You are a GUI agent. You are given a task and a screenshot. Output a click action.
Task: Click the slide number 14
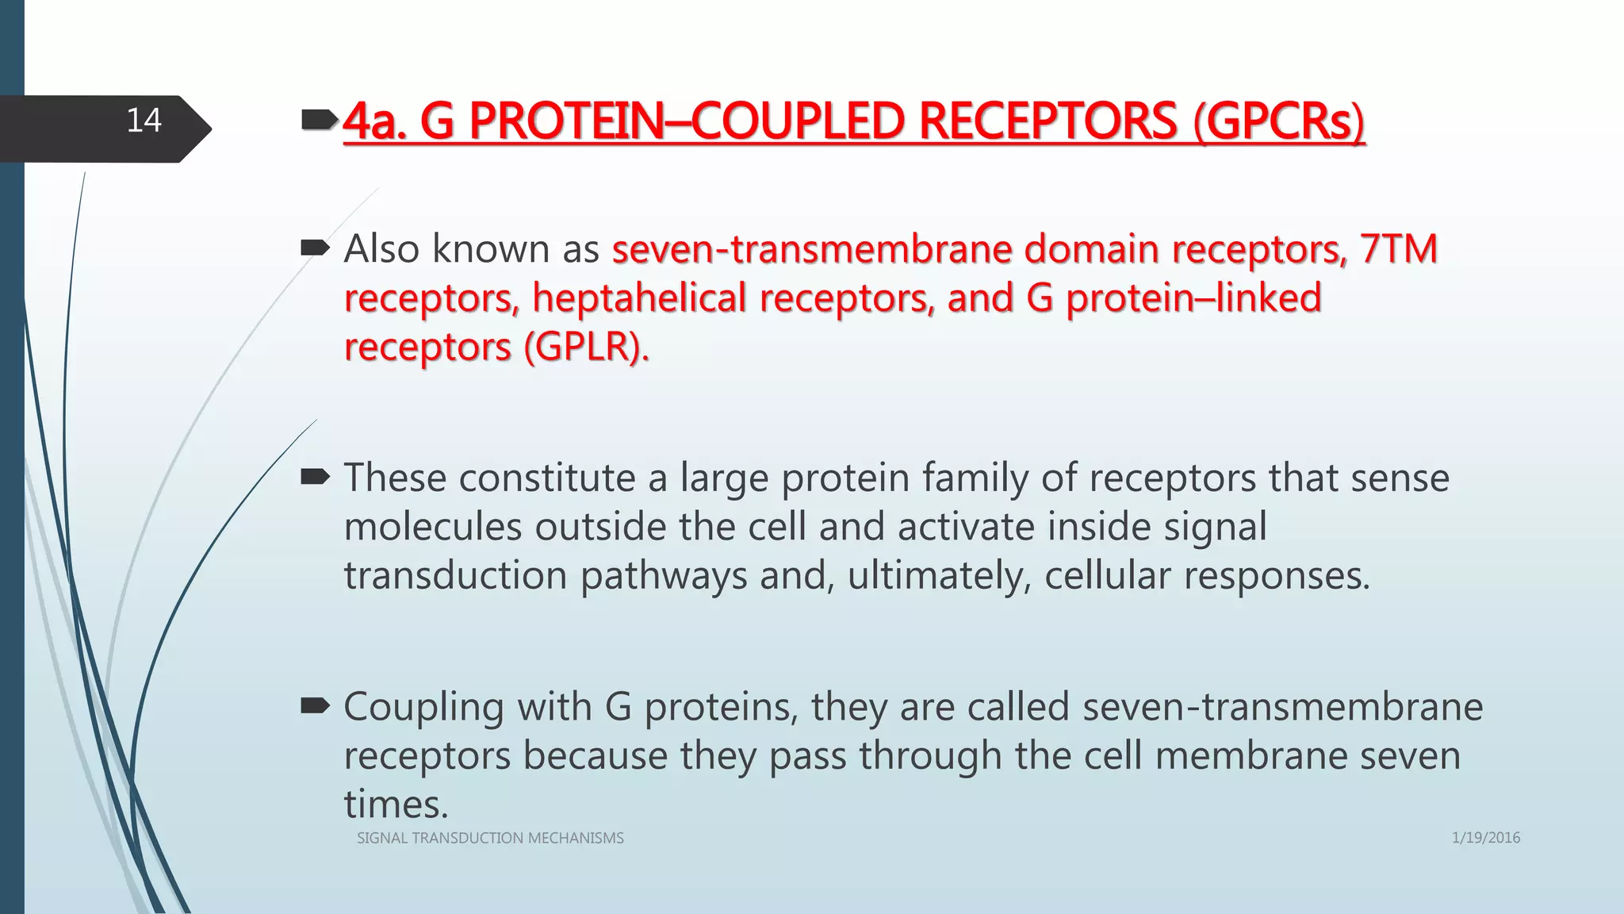[x=144, y=121]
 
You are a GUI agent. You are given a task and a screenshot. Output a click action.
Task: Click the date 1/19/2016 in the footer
[x=1485, y=838]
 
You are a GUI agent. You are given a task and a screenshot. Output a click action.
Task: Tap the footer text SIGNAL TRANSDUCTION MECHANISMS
[x=490, y=838]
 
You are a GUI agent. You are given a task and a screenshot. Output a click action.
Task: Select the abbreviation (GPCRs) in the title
[x=1279, y=122]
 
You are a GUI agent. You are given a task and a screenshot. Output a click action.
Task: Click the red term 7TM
[x=1398, y=249]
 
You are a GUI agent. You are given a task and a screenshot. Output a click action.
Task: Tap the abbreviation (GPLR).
[x=585, y=348]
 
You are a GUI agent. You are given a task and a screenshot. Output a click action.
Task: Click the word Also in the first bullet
[x=381, y=249]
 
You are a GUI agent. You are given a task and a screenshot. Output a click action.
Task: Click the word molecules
[x=432, y=527]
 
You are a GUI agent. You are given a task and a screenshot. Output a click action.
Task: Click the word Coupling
[x=423, y=707]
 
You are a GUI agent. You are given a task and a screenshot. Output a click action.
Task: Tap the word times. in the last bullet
[x=396, y=805]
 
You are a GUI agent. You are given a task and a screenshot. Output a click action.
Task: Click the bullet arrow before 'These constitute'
[x=315, y=477]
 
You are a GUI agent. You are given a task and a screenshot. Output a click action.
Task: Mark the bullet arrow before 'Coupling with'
[x=315, y=705]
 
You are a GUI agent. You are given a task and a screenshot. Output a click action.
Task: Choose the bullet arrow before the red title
[x=320, y=121]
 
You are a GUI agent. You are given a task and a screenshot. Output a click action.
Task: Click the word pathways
[x=663, y=576]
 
